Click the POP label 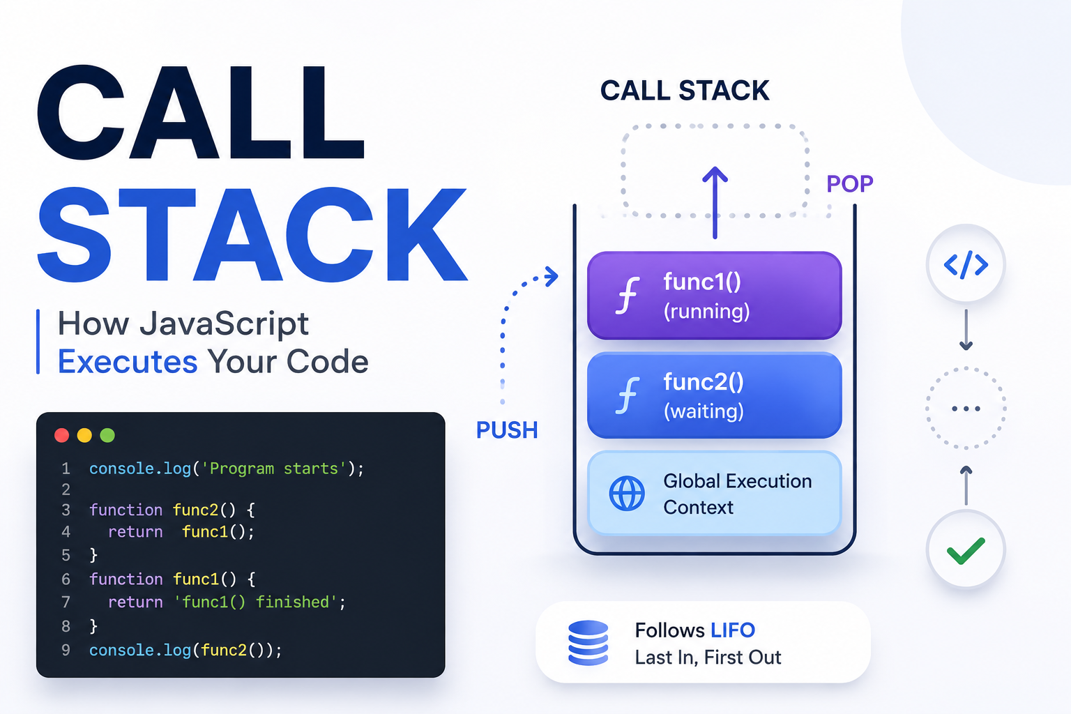[x=850, y=183]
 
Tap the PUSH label [x=507, y=430]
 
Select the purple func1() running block [x=714, y=296]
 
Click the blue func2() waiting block [x=714, y=395]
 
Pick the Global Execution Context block [x=714, y=493]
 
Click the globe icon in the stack [x=627, y=494]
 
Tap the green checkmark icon [x=966, y=551]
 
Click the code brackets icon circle [x=966, y=264]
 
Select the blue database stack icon [x=588, y=643]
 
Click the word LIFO [x=733, y=630]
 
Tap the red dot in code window [x=61, y=435]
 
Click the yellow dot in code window [x=84, y=435]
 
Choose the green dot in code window [x=107, y=435]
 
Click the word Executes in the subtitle [x=127, y=362]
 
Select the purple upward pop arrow [x=715, y=202]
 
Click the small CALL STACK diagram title [x=685, y=91]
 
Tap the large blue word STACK [x=252, y=234]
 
